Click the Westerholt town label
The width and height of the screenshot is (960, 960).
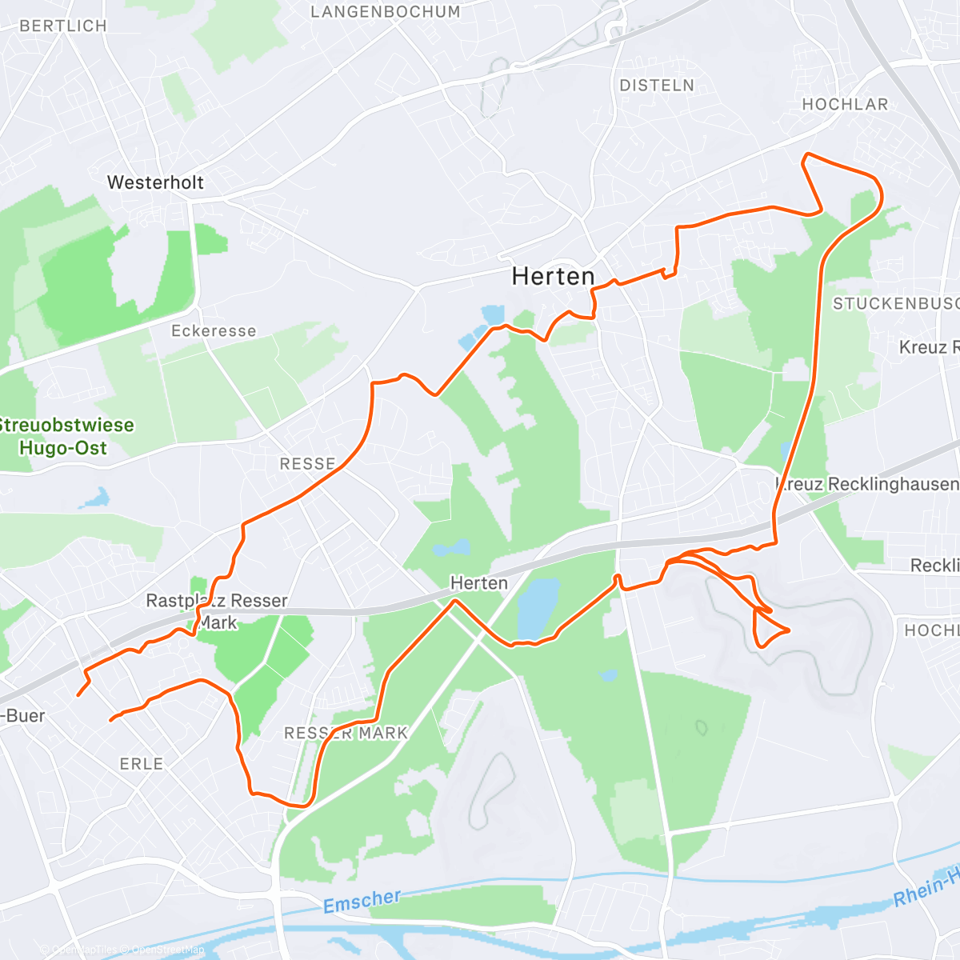click(x=155, y=182)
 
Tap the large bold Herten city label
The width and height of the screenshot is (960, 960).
click(x=553, y=277)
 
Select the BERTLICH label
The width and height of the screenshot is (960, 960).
click(x=63, y=26)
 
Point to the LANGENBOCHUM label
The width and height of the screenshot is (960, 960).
click(x=386, y=12)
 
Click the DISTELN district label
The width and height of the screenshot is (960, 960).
click(x=657, y=86)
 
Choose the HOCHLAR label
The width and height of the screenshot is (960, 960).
click(x=845, y=105)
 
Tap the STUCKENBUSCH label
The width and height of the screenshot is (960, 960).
click(x=895, y=304)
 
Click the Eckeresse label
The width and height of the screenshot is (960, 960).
click(x=214, y=331)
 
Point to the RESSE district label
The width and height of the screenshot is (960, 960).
click(x=307, y=464)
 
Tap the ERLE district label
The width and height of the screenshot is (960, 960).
click(x=142, y=764)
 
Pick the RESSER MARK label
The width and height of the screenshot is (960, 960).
click(x=346, y=733)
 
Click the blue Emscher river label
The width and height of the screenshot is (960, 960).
click(x=362, y=902)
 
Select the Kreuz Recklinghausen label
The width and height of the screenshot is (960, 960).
click(x=867, y=484)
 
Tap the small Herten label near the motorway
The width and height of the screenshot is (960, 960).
click(x=478, y=583)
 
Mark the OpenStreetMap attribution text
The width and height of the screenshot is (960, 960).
click(x=167, y=950)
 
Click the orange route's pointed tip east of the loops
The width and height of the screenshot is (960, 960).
click(x=790, y=630)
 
